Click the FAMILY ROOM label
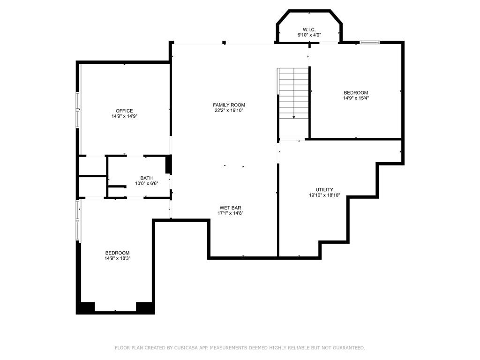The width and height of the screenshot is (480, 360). click(x=229, y=105)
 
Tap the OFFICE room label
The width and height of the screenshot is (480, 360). click(x=124, y=111)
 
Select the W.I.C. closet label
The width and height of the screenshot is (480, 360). click(x=309, y=30)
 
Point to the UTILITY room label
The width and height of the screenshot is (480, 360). click(x=324, y=190)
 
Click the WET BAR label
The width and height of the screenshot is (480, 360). click(x=230, y=208)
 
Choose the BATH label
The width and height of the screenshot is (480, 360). click(x=146, y=178)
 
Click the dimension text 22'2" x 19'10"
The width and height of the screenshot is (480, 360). click(x=229, y=111)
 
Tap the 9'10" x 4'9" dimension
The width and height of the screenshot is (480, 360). click(x=309, y=35)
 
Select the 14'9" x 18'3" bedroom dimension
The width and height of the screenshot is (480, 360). click(x=118, y=258)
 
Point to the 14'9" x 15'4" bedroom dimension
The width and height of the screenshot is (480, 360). click(x=356, y=98)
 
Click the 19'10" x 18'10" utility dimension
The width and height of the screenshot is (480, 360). click(x=324, y=195)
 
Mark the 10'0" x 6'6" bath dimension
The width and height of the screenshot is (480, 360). click(x=147, y=184)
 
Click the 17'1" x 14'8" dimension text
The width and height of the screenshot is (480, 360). click(x=231, y=213)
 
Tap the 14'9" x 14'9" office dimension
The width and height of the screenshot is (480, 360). click(x=124, y=116)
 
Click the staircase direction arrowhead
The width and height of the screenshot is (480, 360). click(x=294, y=117)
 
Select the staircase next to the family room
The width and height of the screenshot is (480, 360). click(x=293, y=93)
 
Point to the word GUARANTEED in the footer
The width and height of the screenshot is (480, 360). click(x=349, y=348)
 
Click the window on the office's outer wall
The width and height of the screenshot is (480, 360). click(x=78, y=110)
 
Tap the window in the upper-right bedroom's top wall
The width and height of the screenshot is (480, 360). click(x=369, y=42)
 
